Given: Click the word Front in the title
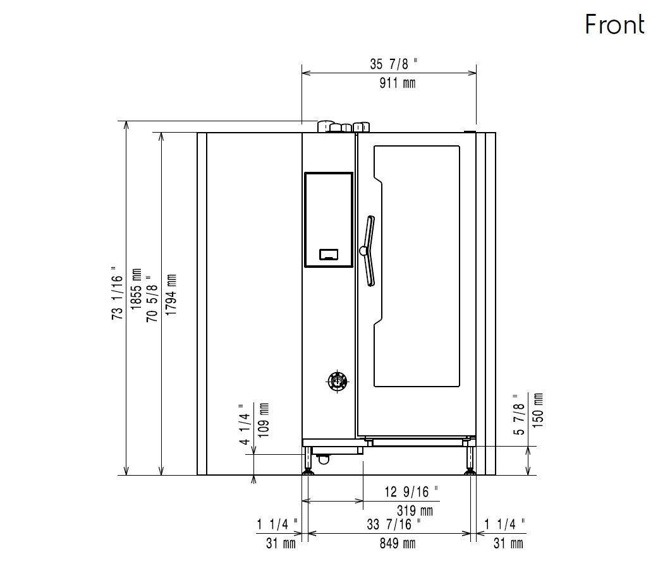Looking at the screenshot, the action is pyautogui.click(x=614, y=24).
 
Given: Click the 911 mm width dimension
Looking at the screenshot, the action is pyautogui.click(x=398, y=83).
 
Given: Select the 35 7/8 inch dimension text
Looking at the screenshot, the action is pyautogui.click(x=394, y=64).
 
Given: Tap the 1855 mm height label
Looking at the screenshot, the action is pyautogui.click(x=137, y=289).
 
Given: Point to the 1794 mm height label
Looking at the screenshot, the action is pyautogui.click(x=171, y=295).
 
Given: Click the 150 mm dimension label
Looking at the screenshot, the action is pyautogui.click(x=537, y=410).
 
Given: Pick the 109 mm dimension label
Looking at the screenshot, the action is pyautogui.click(x=263, y=420).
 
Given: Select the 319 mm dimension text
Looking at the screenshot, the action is pyautogui.click(x=415, y=510).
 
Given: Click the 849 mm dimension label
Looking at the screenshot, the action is pyautogui.click(x=398, y=543).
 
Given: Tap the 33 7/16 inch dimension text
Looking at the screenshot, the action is pyautogui.click(x=394, y=524).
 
